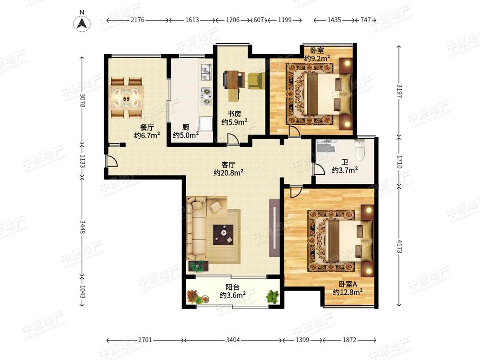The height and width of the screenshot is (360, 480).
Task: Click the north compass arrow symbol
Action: click(x=82, y=23)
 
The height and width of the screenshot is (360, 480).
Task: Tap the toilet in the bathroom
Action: click(x=360, y=149)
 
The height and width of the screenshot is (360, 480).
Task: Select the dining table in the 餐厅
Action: click(x=126, y=97)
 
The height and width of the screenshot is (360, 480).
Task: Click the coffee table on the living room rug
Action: click(x=224, y=235)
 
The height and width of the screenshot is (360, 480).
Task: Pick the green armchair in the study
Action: click(x=256, y=81)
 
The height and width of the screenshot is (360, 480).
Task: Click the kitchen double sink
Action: click(x=205, y=72)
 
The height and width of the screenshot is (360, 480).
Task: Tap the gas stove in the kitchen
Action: click(x=206, y=96)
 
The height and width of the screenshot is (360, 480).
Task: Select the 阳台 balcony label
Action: click(x=232, y=287)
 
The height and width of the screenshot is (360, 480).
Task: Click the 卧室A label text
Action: click(x=348, y=284)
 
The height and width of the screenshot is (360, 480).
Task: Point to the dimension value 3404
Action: click(x=233, y=340)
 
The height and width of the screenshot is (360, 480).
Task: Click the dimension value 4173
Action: click(x=399, y=246)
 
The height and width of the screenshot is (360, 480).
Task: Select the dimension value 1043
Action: click(x=83, y=292)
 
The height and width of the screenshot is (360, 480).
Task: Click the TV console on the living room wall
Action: click(x=274, y=228)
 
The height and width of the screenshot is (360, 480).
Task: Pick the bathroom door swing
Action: click(x=320, y=169)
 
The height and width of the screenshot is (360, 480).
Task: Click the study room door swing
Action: click(x=233, y=139)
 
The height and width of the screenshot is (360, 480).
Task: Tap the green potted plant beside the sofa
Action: click(x=197, y=266)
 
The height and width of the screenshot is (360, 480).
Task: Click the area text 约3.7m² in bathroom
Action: click(x=345, y=170)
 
